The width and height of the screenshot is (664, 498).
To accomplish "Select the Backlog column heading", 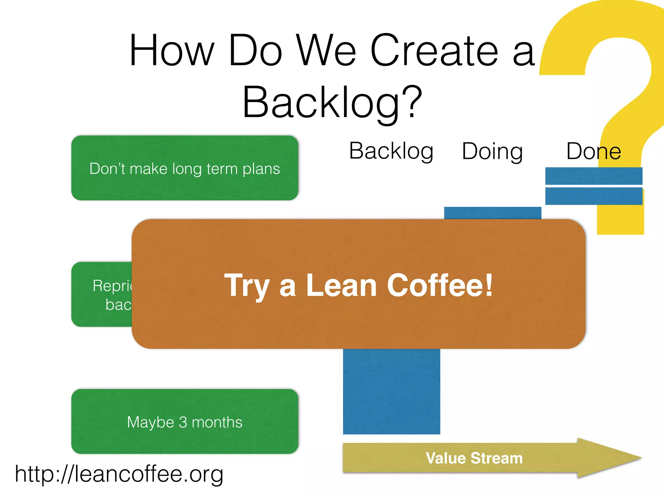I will (x=391, y=151).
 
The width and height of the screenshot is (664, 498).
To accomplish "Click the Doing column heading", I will (x=492, y=152).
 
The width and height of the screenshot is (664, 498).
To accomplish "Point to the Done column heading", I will (x=593, y=151).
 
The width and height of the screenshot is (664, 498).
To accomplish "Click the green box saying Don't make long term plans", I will (x=184, y=168).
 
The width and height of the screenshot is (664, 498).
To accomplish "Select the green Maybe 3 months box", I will (x=184, y=421).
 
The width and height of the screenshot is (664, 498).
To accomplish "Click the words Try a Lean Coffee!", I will (x=358, y=285).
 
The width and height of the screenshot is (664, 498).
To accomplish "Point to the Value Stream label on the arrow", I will (x=474, y=458).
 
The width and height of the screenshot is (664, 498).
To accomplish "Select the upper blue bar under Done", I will (x=594, y=176).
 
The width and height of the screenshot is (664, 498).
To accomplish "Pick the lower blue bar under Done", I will (x=594, y=196).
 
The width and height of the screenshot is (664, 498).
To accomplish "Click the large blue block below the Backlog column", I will (x=391, y=392).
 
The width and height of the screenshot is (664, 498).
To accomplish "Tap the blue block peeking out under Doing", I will (x=492, y=213).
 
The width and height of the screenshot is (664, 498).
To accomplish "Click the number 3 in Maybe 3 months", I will (x=183, y=422).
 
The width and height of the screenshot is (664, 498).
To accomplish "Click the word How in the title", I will (x=172, y=51).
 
